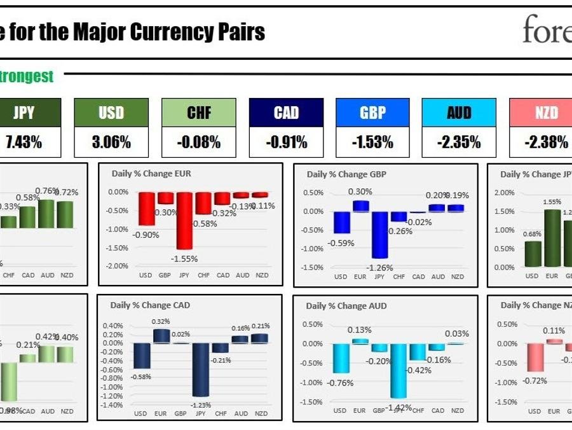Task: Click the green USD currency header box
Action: (111, 113)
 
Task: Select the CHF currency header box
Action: (198, 113)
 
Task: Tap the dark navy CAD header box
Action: (286, 113)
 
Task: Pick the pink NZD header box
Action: (546, 113)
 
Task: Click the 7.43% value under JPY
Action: (24, 142)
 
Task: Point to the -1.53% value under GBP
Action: (372, 142)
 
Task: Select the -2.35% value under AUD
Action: (459, 142)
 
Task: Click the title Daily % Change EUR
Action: (151, 174)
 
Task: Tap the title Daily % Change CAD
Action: (150, 305)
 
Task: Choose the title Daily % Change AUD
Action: (346, 306)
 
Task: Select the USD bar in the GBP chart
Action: (341, 223)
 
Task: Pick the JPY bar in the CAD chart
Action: (201, 369)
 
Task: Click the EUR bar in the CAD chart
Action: (161, 336)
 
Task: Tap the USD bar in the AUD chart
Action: (341, 358)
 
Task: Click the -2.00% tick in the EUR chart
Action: (118, 267)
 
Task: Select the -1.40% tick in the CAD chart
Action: (112, 405)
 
